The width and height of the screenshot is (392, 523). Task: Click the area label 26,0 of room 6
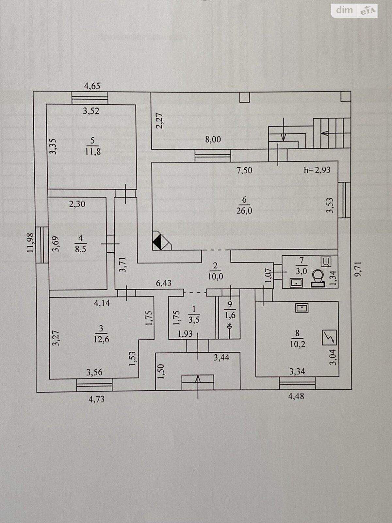tap(244, 211)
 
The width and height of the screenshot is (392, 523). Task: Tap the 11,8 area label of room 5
tap(92, 152)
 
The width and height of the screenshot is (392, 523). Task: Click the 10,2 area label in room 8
tap(297, 344)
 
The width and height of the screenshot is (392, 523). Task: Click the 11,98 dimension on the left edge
tap(31, 242)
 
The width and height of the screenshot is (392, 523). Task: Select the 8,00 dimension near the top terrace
tap(213, 140)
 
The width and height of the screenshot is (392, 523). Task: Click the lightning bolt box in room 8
tap(330, 338)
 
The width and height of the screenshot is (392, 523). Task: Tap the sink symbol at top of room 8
tap(302, 308)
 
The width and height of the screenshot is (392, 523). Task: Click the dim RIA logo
tap(354, 10)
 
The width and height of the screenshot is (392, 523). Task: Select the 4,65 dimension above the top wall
tap(92, 86)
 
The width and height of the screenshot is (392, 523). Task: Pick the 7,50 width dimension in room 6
tap(245, 170)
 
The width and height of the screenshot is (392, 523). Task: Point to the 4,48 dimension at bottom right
tap(296, 396)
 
